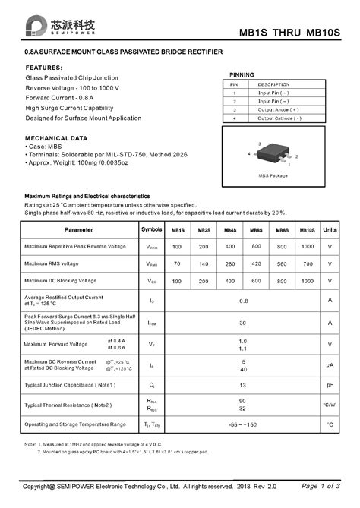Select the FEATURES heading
click(x=44, y=68)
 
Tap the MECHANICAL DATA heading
click(x=58, y=138)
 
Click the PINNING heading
click(x=242, y=74)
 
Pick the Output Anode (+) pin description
click(x=279, y=109)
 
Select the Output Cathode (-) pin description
click(x=279, y=118)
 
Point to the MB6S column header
click(x=256, y=230)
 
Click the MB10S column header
click(x=307, y=230)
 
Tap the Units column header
click(x=330, y=229)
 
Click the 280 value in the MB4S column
click(x=229, y=264)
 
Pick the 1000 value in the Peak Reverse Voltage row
click(x=307, y=247)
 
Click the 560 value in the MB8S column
click(x=282, y=264)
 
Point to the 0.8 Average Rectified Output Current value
click(x=243, y=301)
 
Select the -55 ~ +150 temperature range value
click(x=243, y=424)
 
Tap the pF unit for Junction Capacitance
click(x=330, y=385)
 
